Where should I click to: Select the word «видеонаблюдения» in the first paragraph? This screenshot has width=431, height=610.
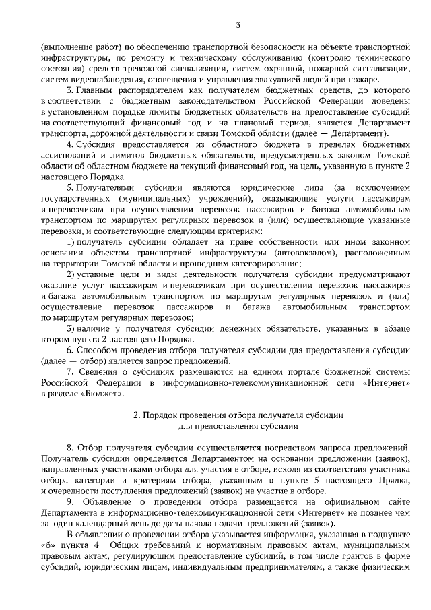point(86,78)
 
